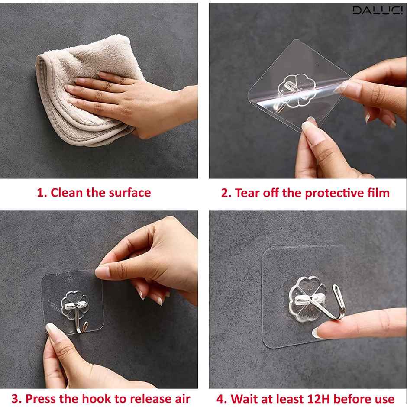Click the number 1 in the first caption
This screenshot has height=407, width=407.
[40, 193]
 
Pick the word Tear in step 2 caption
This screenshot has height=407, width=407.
[245, 193]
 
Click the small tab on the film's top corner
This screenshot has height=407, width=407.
[297, 42]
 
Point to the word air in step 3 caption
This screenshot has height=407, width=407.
[180, 398]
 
